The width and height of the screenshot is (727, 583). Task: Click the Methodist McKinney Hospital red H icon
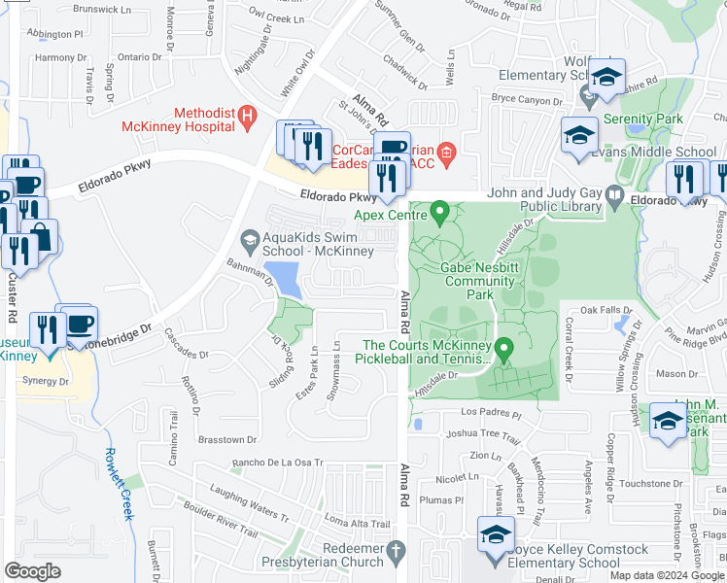tap(247, 118)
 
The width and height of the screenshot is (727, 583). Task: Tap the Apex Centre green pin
tap(439, 211)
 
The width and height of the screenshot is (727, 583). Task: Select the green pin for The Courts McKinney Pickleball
tap(503, 349)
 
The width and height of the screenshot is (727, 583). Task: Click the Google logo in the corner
tap(34, 570)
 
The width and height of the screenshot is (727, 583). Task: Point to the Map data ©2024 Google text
tap(666, 574)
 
